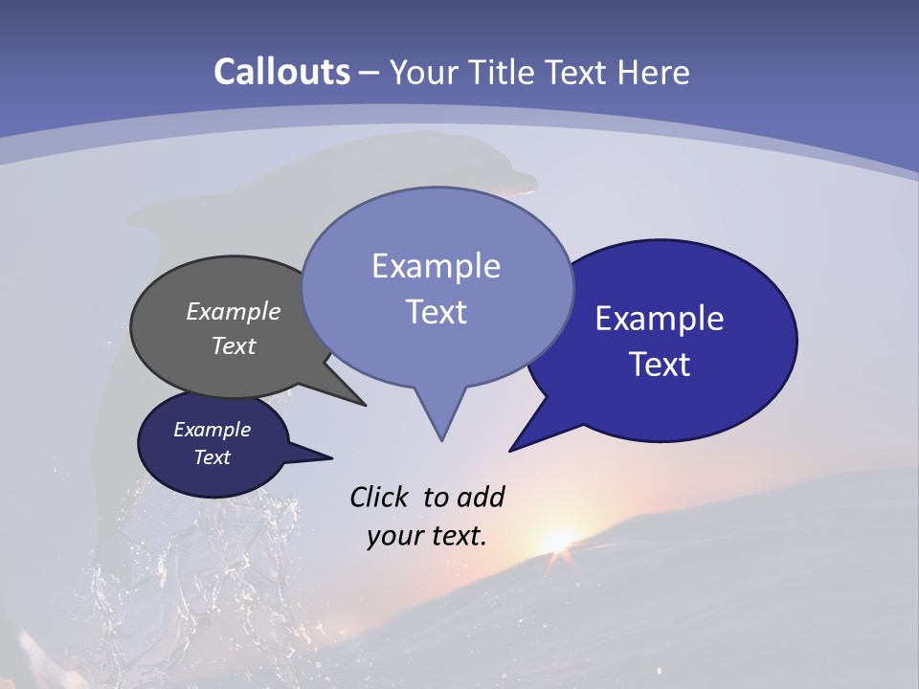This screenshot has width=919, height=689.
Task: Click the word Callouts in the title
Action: tap(282, 72)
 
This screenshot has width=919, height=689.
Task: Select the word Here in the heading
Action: tap(654, 72)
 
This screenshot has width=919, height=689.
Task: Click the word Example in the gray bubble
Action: tap(234, 312)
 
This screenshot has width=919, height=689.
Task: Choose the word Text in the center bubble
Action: tap(437, 312)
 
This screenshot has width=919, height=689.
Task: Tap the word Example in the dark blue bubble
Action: tap(660, 319)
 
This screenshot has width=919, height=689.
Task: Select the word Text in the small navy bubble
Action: tap(213, 457)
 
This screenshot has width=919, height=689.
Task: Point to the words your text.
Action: tap(427, 536)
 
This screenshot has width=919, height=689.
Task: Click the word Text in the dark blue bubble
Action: tap(661, 365)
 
